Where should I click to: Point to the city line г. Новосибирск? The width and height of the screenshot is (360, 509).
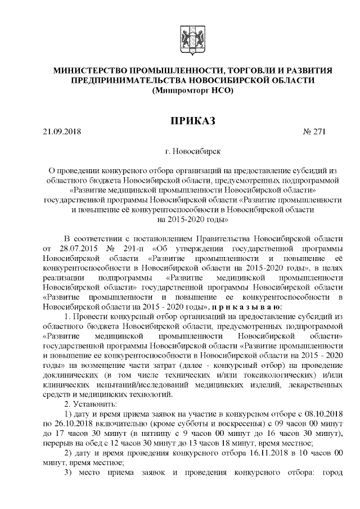pyautogui.click(x=190, y=151)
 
